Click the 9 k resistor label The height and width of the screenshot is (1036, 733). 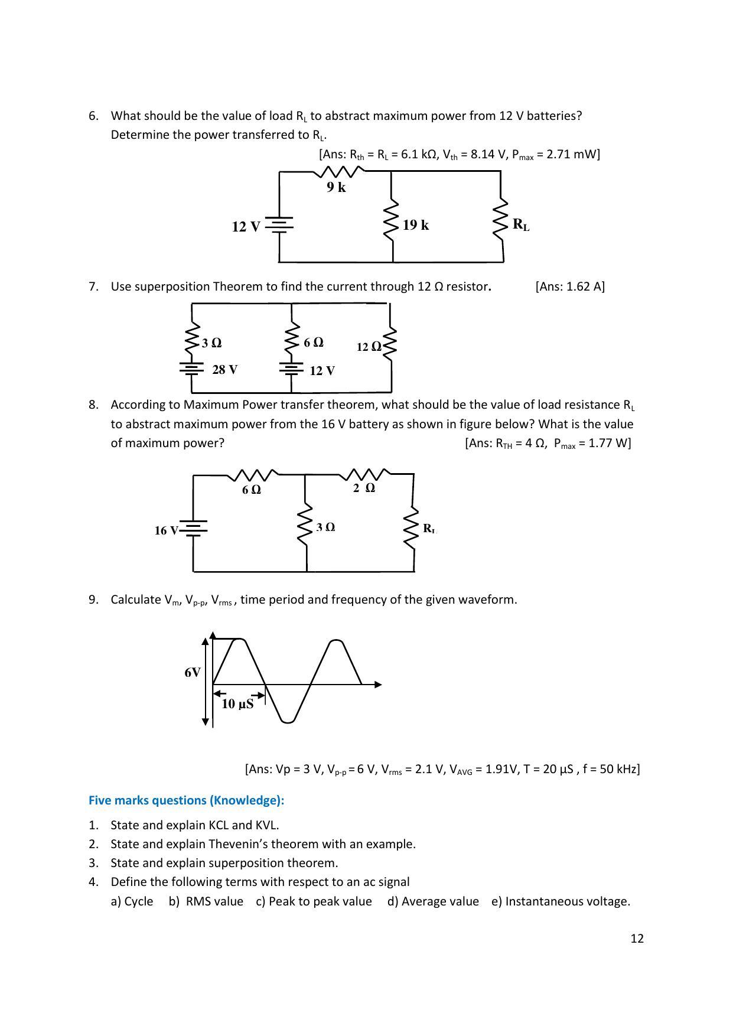tap(336, 187)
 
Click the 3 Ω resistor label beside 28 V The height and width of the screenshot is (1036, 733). tap(211, 343)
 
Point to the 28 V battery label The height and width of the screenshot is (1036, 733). tap(224, 370)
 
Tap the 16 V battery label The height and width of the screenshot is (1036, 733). tap(166, 530)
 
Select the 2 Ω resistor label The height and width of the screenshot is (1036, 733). tap(364, 488)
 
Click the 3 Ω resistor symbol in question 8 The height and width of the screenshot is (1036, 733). tap(305, 525)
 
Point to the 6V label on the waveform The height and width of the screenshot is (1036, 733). tap(193, 673)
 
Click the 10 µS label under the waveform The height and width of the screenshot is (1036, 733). tap(237, 704)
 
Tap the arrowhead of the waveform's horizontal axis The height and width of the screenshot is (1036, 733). tap(378, 685)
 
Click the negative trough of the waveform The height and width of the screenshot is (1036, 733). tap(288, 719)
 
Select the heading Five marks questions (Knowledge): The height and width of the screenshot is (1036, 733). tap(186, 800)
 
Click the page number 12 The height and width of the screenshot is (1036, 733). tap(637, 939)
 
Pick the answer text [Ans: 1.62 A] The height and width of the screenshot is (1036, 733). tap(570, 286)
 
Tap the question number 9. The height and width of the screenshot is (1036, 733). tap(93, 600)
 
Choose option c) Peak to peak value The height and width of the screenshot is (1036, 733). tap(314, 901)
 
